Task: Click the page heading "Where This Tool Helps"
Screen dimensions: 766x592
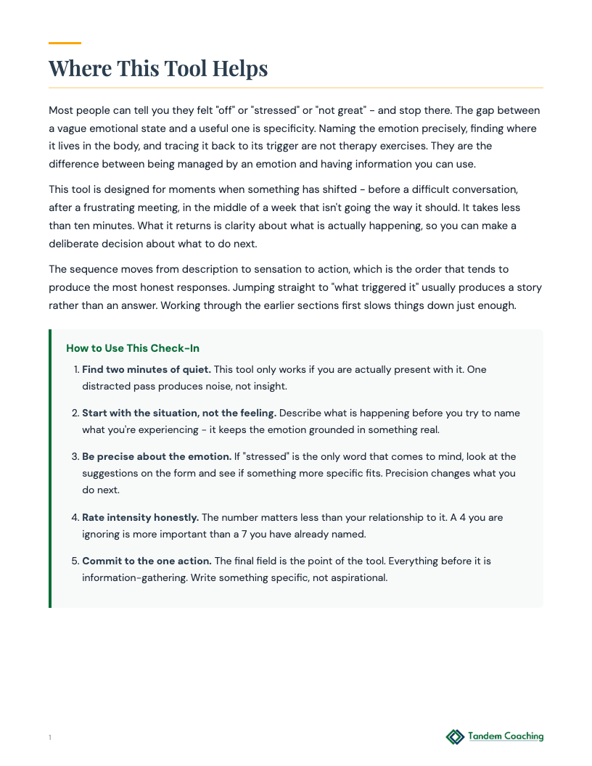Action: click(x=158, y=68)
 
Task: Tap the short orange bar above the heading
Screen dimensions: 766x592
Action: click(x=65, y=44)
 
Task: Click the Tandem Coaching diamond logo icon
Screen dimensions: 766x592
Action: click(x=455, y=737)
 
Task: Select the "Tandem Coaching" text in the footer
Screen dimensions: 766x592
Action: click(x=506, y=736)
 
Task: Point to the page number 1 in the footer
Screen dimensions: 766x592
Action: click(x=50, y=738)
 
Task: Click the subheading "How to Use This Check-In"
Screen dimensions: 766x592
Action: click(x=133, y=348)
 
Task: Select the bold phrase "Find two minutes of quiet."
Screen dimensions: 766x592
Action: click(x=147, y=369)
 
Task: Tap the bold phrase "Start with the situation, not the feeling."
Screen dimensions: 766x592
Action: click(x=179, y=413)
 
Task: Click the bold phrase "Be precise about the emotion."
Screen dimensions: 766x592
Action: click(x=156, y=456)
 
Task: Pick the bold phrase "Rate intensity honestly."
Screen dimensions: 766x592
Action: click(x=140, y=517)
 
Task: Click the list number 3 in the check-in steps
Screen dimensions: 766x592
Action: click(x=75, y=456)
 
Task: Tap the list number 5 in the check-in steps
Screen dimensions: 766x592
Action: click(x=75, y=561)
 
